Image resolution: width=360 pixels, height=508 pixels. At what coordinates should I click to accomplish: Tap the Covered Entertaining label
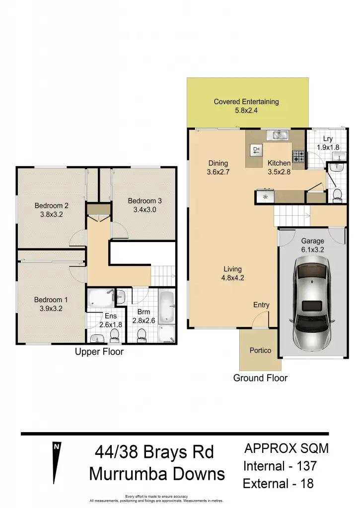246,102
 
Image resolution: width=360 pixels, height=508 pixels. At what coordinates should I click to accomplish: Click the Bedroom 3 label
144,200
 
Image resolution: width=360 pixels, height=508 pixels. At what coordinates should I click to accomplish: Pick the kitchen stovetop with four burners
298,156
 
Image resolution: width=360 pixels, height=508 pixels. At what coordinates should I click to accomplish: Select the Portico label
260,350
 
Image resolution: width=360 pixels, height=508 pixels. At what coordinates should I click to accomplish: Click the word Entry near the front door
261,305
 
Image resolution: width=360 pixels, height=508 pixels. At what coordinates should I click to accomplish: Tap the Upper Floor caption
99,352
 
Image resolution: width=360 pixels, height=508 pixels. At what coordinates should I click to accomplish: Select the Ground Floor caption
260,378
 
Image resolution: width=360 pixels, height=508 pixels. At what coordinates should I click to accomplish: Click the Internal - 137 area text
280,466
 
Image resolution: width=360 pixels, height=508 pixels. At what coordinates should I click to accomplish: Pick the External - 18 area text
278,483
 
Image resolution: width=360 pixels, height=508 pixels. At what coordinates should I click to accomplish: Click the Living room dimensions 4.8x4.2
232,278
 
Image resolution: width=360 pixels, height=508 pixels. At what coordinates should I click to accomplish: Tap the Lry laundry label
328,139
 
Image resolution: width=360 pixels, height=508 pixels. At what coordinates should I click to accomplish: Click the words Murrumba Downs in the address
157,474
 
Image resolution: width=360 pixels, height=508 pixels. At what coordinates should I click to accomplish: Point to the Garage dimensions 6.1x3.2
312,250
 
